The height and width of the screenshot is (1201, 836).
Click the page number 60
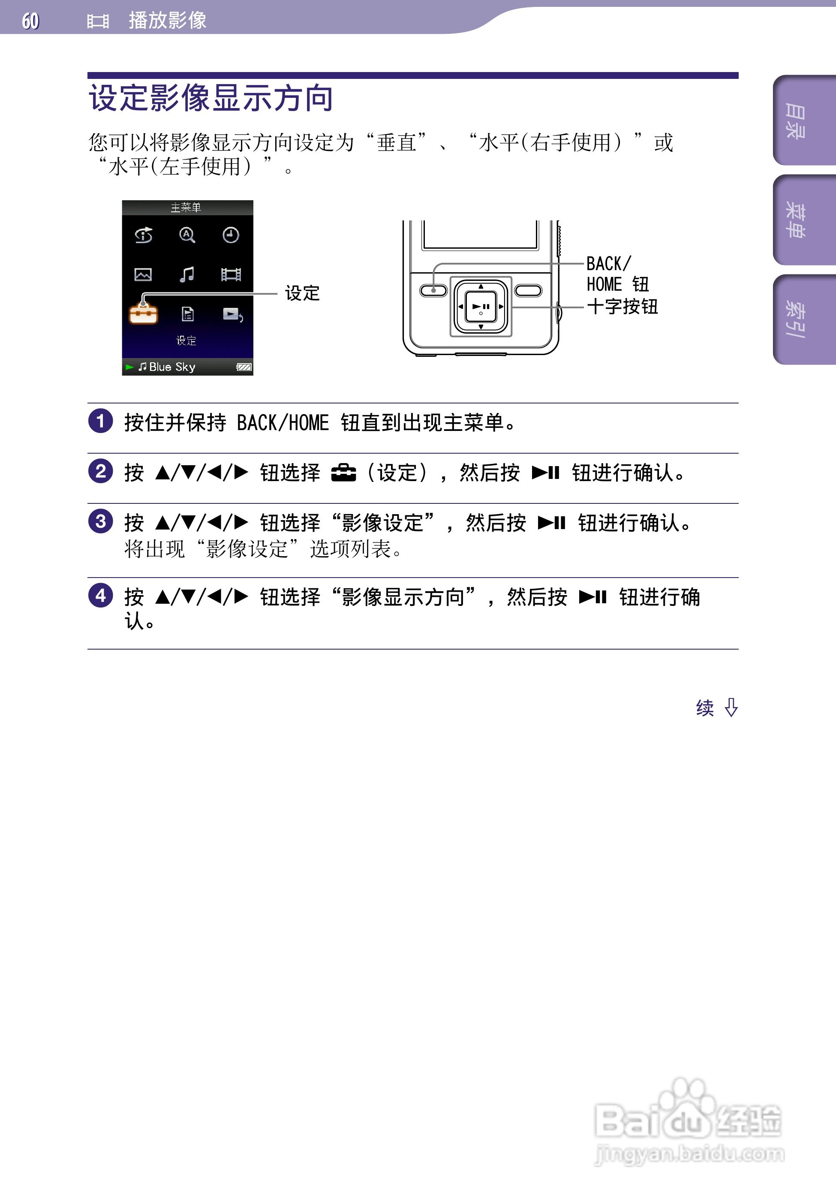[x=30, y=21]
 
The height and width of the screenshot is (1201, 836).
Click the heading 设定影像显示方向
[x=211, y=98]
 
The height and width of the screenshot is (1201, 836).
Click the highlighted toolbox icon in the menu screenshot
[x=143, y=313]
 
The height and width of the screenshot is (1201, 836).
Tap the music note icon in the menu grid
[x=187, y=274]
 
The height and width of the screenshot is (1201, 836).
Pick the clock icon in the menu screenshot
[x=231, y=235]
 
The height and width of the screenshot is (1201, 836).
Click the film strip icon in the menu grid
[x=231, y=274]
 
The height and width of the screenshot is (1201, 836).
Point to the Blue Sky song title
[x=171, y=367]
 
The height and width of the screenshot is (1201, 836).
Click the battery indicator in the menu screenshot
[x=244, y=367]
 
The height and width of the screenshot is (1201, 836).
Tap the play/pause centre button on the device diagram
[x=481, y=307]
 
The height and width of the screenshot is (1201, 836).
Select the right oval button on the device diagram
[x=528, y=290]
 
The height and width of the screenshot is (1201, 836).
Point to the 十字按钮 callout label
[x=622, y=307]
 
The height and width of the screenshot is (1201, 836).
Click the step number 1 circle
[x=100, y=421]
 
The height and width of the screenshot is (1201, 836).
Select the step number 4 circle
[x=100, y=596]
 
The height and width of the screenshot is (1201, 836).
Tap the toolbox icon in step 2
[x=343, y=473]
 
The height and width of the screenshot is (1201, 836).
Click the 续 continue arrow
[x=717, y=708]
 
